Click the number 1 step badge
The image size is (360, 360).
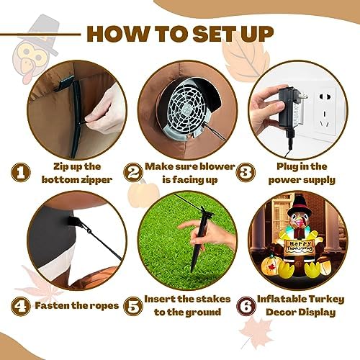click(x=21, y=172)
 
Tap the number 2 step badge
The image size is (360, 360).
click(x=133, y=172)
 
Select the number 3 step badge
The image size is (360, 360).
click(x=246, y=172)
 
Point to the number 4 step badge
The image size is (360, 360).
click(x=21, y=306)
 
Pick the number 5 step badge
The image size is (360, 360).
click(x=133, y=306)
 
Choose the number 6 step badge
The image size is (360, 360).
click(x=246, y=306)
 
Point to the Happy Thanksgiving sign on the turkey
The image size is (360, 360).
click(x=300, y=246)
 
